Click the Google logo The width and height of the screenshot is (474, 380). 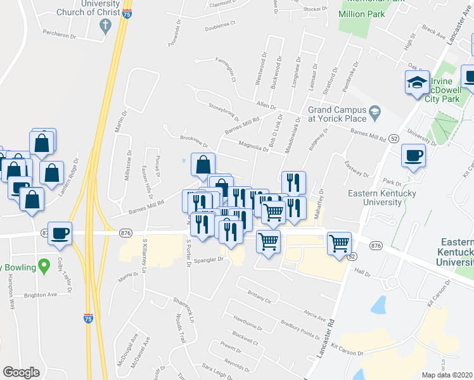[x=21, y=372]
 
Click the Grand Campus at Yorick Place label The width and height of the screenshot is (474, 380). [x=337, y=114]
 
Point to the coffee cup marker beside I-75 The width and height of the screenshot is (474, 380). [x=60, y=233]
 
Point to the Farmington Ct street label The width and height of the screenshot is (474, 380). [x=226, y=70]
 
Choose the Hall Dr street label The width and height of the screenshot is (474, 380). [x=362, y=272]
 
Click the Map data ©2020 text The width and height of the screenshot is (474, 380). [x=447, y=375]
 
